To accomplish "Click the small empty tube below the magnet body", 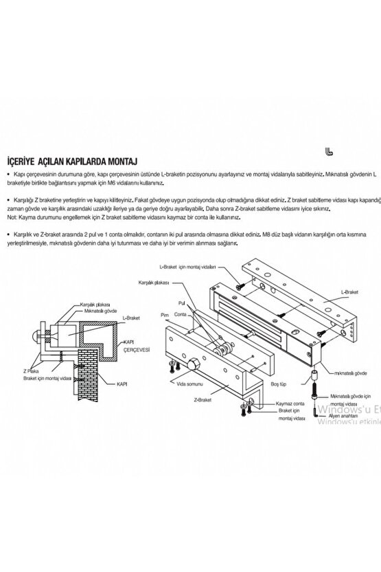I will [x=313, y=377].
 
